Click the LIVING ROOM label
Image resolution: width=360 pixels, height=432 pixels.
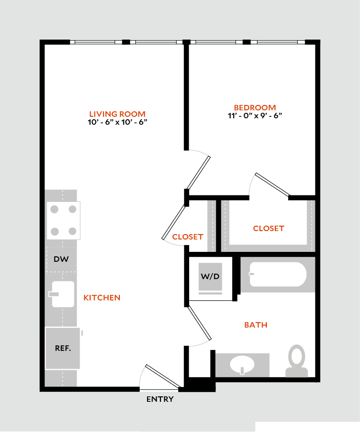[117, 114]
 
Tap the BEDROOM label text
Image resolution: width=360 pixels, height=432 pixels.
[255, 107]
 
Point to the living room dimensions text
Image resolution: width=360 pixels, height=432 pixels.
[117, 122]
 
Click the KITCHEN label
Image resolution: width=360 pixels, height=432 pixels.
[102, 297]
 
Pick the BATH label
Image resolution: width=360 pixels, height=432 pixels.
[256, 325]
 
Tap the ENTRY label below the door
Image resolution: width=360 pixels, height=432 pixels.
[160, 399]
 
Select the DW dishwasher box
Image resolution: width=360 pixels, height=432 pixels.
[61, 259]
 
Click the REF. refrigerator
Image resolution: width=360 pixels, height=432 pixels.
[62, 348]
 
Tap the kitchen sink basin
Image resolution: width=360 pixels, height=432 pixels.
[63, 294]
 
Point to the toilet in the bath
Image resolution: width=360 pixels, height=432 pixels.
[297, 360]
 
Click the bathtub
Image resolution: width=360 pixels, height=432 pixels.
[278, 275]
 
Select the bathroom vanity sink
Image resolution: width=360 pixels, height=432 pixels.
[242, 366]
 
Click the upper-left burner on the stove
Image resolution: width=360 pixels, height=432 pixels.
[54, 209]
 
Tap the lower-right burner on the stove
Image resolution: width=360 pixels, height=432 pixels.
[72, 231]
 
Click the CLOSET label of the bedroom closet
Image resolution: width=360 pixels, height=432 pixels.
[268, 228]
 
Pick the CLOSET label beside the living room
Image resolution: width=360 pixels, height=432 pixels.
[188, 237]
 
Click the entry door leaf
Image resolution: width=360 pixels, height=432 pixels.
[162, 376]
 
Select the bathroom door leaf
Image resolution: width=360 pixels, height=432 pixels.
[200, 323]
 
